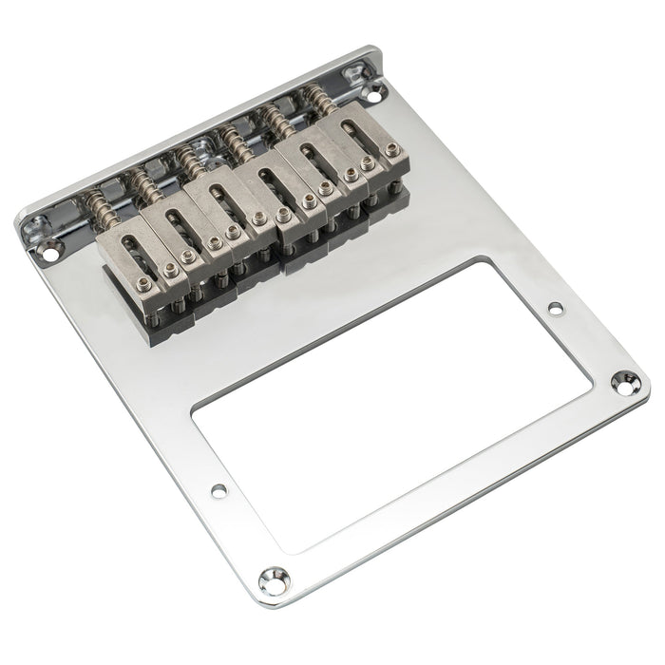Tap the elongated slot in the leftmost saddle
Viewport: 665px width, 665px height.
point(128,249)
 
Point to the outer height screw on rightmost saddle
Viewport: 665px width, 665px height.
point(391,149)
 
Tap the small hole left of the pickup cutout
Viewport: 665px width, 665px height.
point(218,490)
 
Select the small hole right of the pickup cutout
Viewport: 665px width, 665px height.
point(555,308)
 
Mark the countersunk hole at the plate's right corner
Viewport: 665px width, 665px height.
point(626,383)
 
